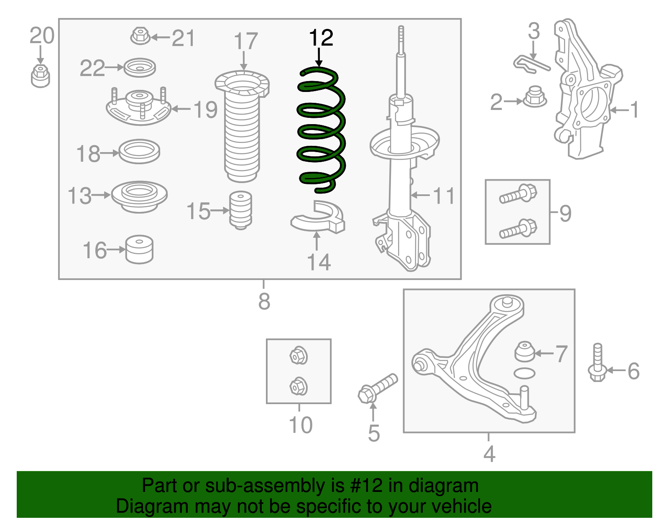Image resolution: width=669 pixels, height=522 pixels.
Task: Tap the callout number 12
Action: (321, 38)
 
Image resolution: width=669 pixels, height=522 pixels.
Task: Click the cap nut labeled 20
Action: (40, 76)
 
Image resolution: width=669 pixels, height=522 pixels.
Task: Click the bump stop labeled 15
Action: (241, 210)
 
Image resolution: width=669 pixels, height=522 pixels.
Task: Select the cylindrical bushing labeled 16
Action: (140, 250)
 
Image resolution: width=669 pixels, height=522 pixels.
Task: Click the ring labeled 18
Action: (139, 151)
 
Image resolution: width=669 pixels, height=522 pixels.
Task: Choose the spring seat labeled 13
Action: (139, 196)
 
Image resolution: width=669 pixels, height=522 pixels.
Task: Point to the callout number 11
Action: (443, 196)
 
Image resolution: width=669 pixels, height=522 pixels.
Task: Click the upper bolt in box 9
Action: (518, 194)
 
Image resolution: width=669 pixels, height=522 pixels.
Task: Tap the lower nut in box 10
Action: (299, 386)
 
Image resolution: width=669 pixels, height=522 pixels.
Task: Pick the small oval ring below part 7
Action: (524, 373)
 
